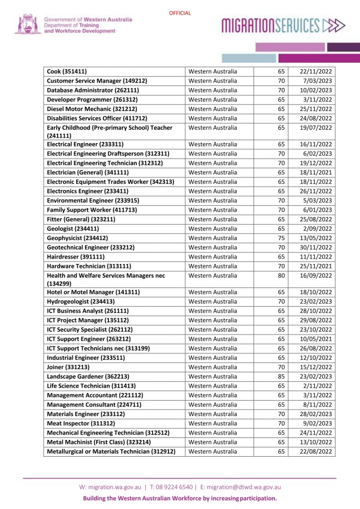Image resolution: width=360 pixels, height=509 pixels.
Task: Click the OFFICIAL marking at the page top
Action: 180,13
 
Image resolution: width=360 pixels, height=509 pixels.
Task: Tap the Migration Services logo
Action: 283,25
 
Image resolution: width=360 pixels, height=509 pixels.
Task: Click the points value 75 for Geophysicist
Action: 281,238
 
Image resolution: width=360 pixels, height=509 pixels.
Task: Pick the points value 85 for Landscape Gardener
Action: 281,376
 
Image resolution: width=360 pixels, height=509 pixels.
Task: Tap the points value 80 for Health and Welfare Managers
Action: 281,275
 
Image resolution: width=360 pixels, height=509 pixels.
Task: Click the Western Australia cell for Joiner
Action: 213,367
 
